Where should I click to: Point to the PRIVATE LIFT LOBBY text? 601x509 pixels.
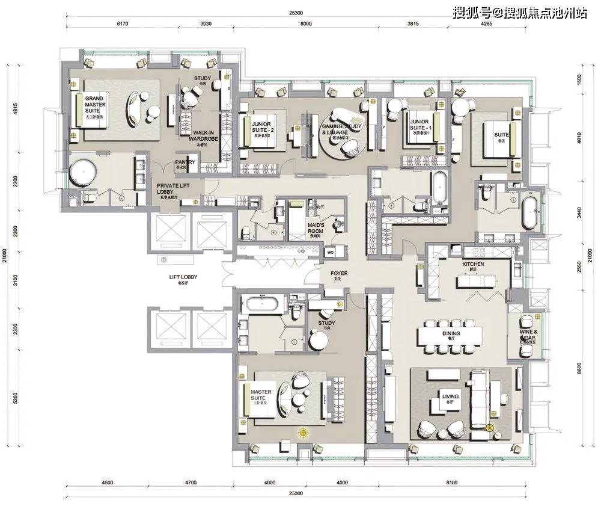click(x=174, y=190)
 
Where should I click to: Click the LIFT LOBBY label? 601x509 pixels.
click(x=183, y=277)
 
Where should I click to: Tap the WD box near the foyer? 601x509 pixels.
click(x=331, y=252)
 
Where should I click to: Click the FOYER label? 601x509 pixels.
click(x=340, y=274)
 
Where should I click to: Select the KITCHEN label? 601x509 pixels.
click(x=474, y=265)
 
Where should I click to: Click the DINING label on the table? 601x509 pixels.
click(x=451, y=333)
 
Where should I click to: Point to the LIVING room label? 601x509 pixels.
click(x=450, y=397)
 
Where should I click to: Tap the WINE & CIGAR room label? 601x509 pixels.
click(x=527, y=335)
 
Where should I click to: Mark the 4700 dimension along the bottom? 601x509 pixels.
click(x=191, y=482)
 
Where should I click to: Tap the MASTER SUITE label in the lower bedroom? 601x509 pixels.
click(x=261, y=395)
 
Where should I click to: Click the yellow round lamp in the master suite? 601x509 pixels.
click(x=304, y=432)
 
